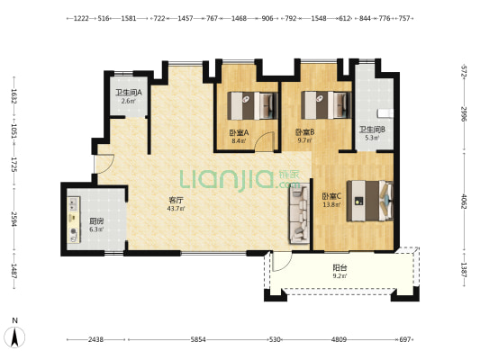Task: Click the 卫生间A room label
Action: coord(129,93)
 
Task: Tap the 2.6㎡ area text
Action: coord(128,101)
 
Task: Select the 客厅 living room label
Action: coord(176,201)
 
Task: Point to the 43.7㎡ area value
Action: coord(176,209)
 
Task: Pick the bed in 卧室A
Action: coord(252,105)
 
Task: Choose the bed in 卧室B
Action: coord(326,105)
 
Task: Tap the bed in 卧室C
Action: coord(370,201)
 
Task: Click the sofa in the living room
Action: coord(299,213)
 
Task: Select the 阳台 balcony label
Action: coord(340,268)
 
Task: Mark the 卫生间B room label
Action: coord(372,130)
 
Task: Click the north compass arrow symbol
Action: coord(14,337)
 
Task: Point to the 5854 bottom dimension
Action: coord(198,339)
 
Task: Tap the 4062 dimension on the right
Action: coord(464,202)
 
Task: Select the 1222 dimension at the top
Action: coord(81,18)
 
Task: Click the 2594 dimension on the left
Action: coord(14,220)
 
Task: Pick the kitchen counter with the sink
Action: coord(74,220)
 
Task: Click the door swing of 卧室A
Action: coord(265,141)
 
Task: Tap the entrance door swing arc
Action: coord(105,164)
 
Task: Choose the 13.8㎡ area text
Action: coord(331,204)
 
